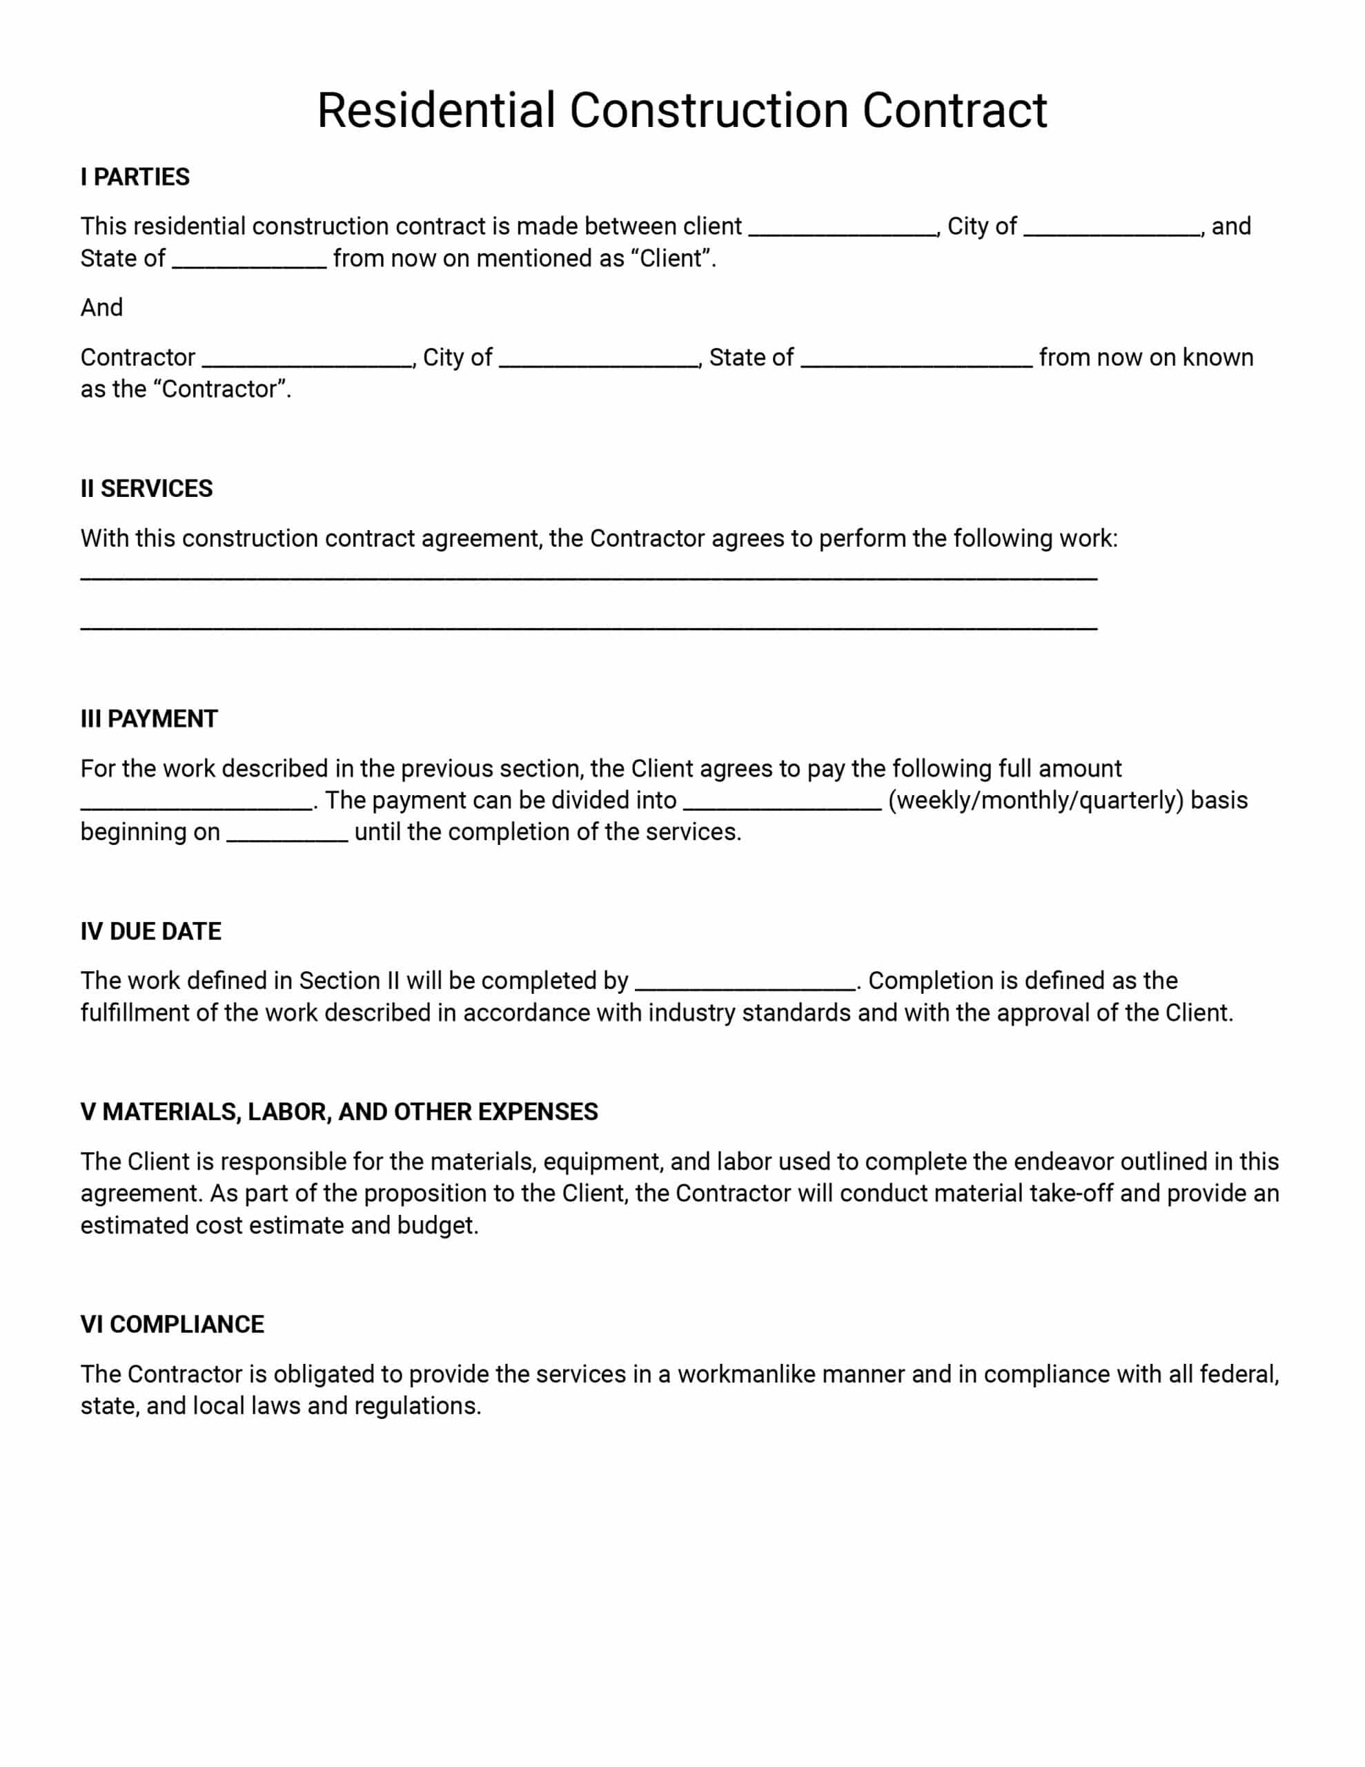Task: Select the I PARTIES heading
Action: (135, 177)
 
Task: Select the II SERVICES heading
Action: (146, 489)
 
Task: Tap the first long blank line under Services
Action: (588, 577)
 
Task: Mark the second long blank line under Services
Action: (588, 627)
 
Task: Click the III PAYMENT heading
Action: (149, 719)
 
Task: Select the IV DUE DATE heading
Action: (150, 932)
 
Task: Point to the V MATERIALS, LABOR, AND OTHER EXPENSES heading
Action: (339, 1113)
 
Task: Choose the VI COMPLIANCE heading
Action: (173, 1325)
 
